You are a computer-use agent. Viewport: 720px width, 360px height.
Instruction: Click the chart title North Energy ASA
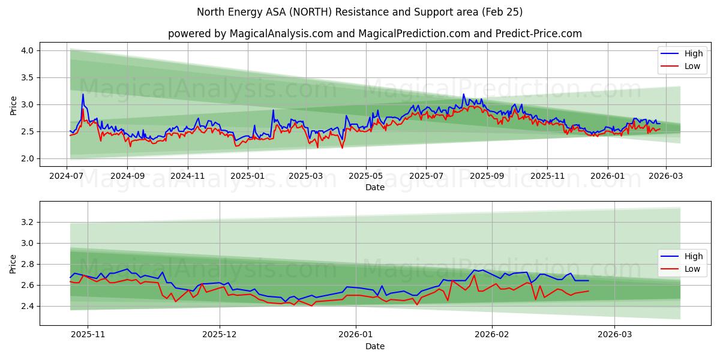[359, 12]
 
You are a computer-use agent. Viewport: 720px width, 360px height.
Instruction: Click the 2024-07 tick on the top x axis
[66, 176]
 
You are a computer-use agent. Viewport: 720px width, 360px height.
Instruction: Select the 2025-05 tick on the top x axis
[365, 176]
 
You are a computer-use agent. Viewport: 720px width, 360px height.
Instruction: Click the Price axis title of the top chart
[13, 105]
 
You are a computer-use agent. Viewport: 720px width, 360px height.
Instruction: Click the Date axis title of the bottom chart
[375, 346]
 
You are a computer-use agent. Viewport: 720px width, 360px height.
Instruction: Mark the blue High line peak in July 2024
[83, 94]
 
